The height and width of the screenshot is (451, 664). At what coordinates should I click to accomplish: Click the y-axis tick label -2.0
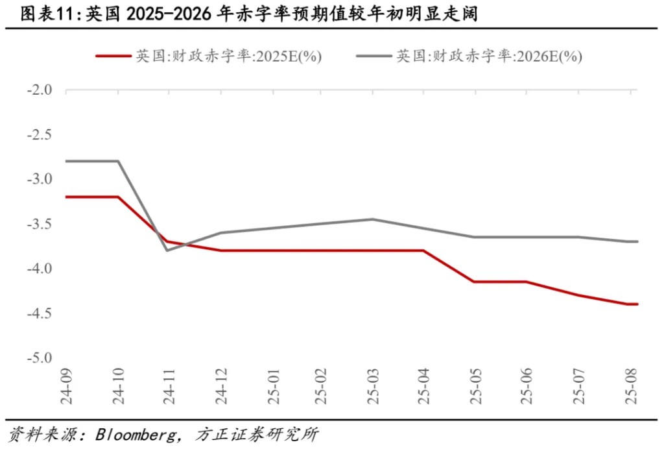pos(40,90)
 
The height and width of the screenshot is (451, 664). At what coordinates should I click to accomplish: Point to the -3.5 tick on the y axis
pos(40,224)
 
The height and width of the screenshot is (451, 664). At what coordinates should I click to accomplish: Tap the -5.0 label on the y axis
pos(40,358)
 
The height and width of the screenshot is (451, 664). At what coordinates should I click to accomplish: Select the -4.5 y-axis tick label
pos(40,313)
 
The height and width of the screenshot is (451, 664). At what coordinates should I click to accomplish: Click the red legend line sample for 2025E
pos(113,56)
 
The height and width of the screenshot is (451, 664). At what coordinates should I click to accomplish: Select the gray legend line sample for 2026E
pos(374,56)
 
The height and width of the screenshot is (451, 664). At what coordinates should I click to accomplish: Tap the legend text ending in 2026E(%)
pos(489,56)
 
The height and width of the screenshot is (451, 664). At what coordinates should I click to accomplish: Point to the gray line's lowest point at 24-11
pos(168,250)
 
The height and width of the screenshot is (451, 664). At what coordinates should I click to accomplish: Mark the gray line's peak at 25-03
pos(373,219)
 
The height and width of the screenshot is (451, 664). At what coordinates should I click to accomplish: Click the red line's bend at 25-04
pos(423,250)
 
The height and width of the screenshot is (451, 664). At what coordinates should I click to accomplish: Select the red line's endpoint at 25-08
pos(637,304)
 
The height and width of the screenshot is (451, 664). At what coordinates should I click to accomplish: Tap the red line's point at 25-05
pos(473,282)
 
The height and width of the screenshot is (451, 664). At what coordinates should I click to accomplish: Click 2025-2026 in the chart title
pos(169,14)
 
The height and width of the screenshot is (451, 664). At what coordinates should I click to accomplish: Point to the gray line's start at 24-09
pos(67,161)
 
